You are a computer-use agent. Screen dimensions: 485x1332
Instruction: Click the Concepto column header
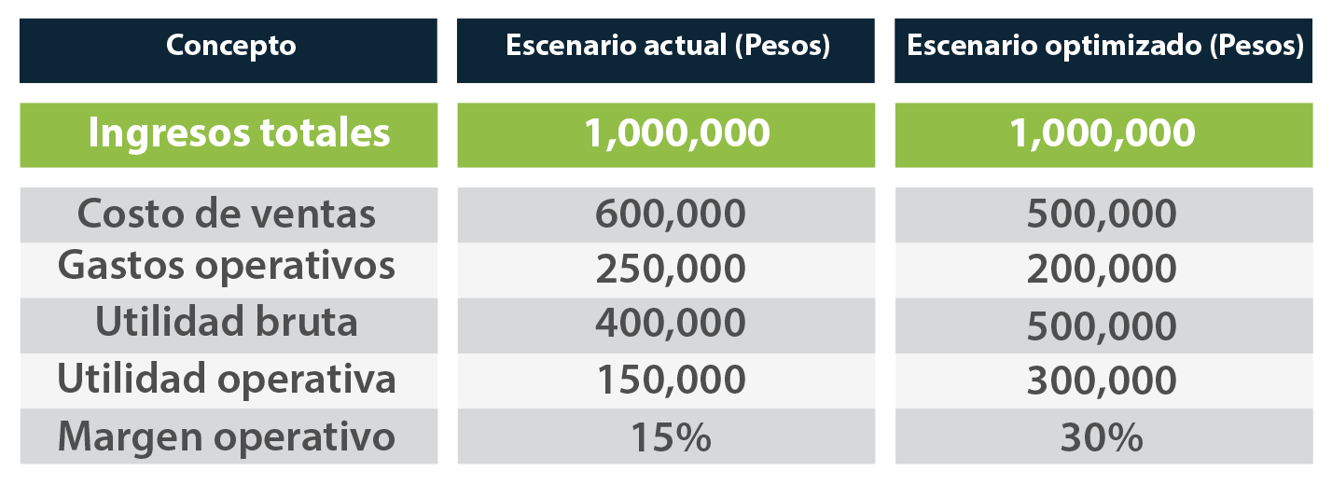[x=230, y=46]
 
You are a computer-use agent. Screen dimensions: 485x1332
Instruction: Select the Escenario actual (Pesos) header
[x=668, y=46]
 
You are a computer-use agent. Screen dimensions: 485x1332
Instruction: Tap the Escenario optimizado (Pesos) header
[x=1105, y=46]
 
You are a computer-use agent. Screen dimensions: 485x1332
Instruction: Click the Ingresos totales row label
[x=239, y=133]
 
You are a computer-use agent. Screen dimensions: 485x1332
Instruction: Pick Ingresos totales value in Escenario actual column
[x=677, y=133]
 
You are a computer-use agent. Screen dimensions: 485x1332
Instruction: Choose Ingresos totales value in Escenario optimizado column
[x=1103, y=133]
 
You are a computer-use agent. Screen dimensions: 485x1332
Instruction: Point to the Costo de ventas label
[x=227, y=214]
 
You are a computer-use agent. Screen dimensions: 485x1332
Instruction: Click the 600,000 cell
[x=671, y=214]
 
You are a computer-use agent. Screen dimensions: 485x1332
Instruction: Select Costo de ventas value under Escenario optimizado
[x=1102, y=214]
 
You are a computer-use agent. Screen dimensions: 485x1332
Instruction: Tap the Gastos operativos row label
[x=227, y=267]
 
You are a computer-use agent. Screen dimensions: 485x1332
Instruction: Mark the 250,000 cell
[x=671, y=269]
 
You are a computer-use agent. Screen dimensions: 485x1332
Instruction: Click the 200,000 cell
[x=1102, y=269]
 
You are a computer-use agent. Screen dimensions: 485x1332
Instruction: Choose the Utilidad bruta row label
[x=227, y=322]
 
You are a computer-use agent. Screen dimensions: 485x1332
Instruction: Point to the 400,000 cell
[x=671, y=323]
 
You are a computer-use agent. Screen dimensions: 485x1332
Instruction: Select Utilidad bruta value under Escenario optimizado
[x=1102, y=326]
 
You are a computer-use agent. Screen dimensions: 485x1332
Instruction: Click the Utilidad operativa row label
[x=227, y=379]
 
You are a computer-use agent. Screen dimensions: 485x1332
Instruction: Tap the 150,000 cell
[x=671, y=380]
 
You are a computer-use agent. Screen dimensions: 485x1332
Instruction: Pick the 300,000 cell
[x=1102, y=381]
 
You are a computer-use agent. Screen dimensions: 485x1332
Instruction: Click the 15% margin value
[x=670, y=436]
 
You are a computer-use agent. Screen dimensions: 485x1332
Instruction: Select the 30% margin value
[x=1102, y=436]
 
